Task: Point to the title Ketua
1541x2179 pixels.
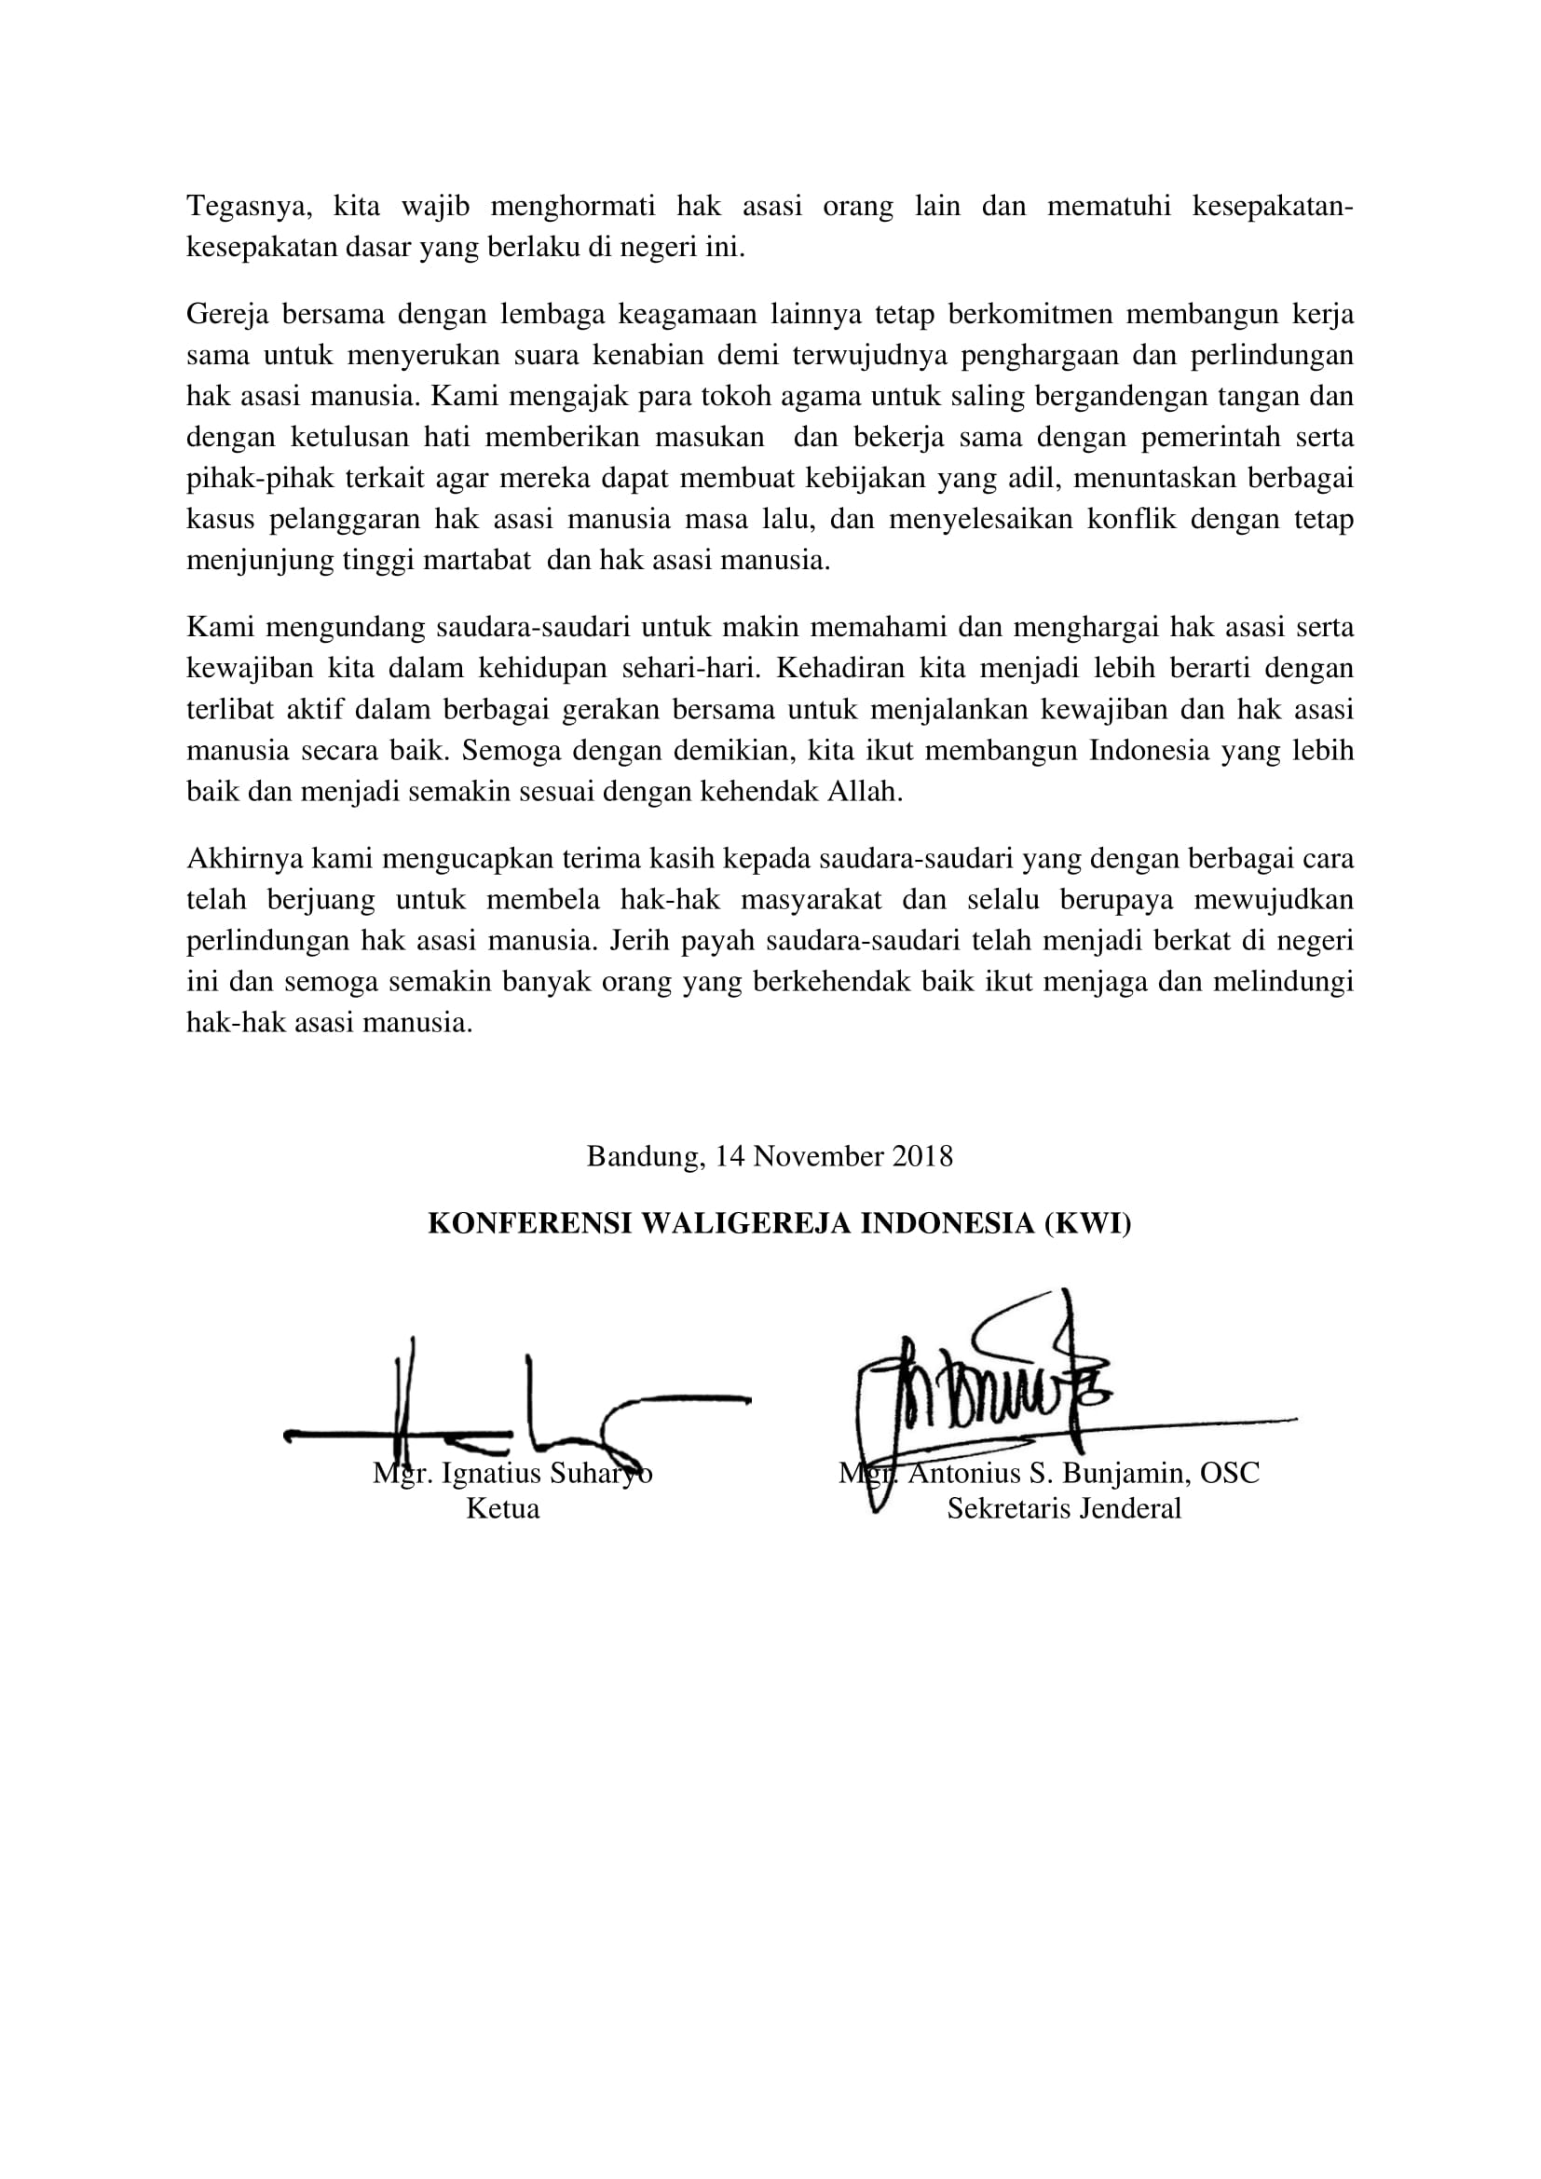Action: pos(503,1509)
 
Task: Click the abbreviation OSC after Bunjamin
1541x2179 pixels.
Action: pos(1230,1474)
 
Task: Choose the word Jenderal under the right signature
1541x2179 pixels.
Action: pos(1127,1509)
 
